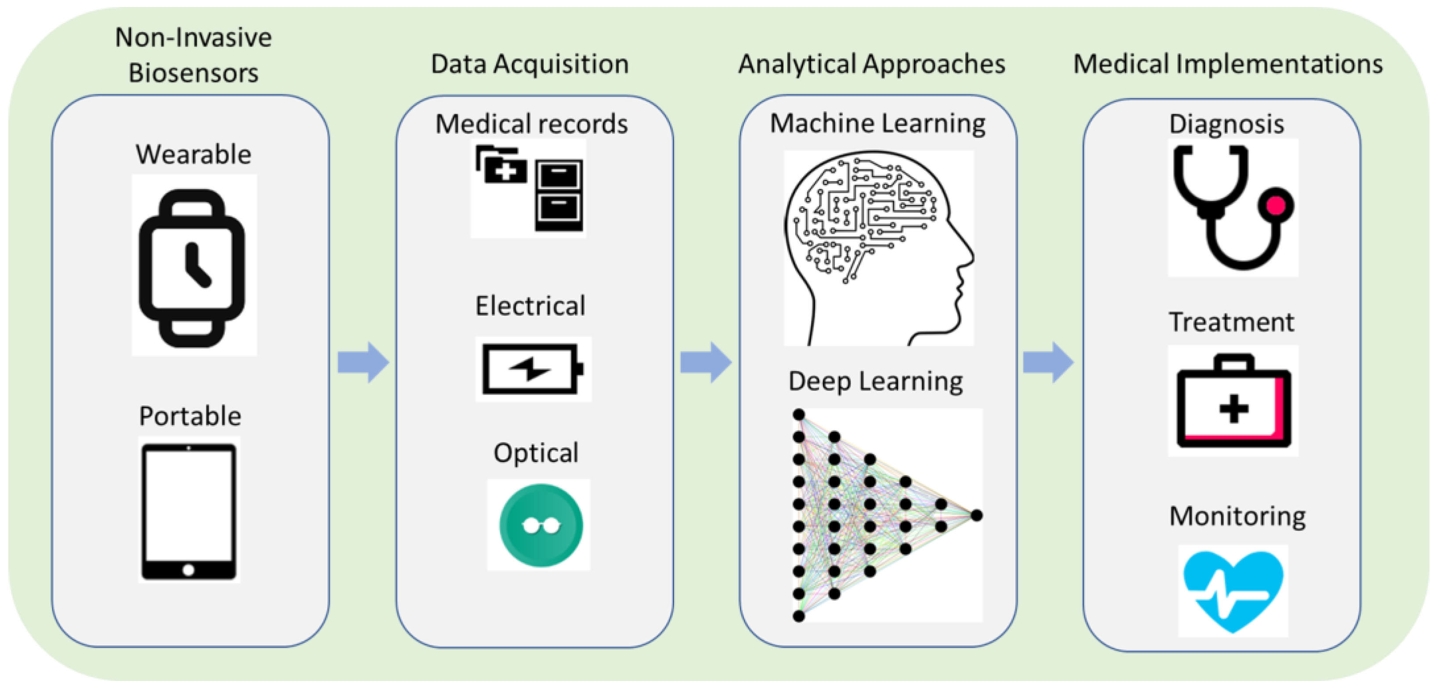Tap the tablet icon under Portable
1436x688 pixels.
pos(188,512)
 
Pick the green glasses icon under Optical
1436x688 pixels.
pos(541,525)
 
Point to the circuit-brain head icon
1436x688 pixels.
pos(879,248)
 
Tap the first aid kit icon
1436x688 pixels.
pos(1234,401)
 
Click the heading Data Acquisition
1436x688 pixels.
pos(530,64)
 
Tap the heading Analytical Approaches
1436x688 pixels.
pos(872,64)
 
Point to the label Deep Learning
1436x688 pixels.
pos(875,382)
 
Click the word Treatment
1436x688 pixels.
pos(1231,322)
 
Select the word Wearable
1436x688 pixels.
pos(193,154)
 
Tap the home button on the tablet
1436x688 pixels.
pos(188,570)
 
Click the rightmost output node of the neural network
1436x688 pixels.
pos(976,515)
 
